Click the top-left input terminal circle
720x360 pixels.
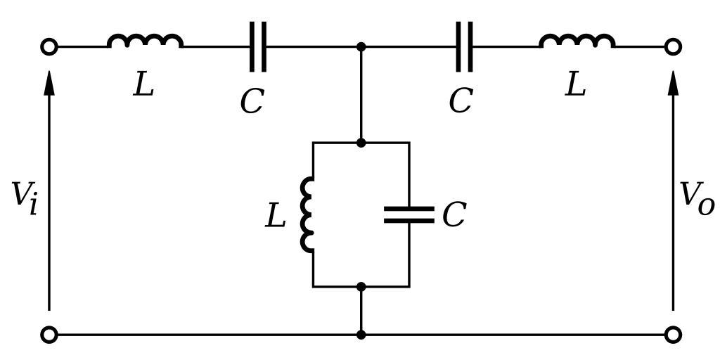tap(49, 47)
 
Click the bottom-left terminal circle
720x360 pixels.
tap(49, 335)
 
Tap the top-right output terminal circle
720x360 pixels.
tap(673, 47)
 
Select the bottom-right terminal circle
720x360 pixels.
tap(673, 335)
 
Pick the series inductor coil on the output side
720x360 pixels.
tap(577, 41)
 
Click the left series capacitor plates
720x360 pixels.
tap(258, 47)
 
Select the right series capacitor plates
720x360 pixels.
tap(464, 47)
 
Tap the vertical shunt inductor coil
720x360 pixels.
tap(308, 214)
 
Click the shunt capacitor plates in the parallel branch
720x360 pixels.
tap(409, 214)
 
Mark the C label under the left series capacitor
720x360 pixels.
tap(251, 102)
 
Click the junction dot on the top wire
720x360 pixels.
tap(361, 47)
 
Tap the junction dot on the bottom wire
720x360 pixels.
tap(361, 335)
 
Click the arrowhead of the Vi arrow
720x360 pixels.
tap(49, 81)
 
